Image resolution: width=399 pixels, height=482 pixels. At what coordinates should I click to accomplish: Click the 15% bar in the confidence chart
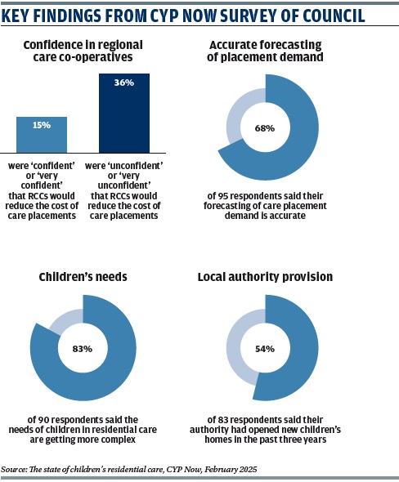(x=42, y=135)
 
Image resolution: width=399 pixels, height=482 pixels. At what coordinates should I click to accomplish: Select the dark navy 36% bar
(x=124, y=113)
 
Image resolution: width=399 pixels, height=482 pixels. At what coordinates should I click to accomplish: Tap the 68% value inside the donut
(x=265, y=128)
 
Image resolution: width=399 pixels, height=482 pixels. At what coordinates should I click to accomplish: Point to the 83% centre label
(x=83, y=349)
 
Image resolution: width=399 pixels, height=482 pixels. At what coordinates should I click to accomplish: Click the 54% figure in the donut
(x=265, y=349)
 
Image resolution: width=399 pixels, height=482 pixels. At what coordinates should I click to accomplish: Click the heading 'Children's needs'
(x=83, y=277)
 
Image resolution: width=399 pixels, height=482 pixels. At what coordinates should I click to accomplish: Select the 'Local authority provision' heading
(x=265, y=277)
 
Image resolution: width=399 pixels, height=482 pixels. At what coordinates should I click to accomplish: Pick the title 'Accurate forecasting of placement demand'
(x=265, y=51)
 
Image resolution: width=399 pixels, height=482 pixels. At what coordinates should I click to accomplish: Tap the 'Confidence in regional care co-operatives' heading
(x=83, y=51)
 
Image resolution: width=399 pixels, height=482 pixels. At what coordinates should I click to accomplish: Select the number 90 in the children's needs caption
(x=43, y=420)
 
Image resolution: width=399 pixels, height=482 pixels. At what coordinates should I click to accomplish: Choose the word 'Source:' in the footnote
(x=14, y=470)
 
